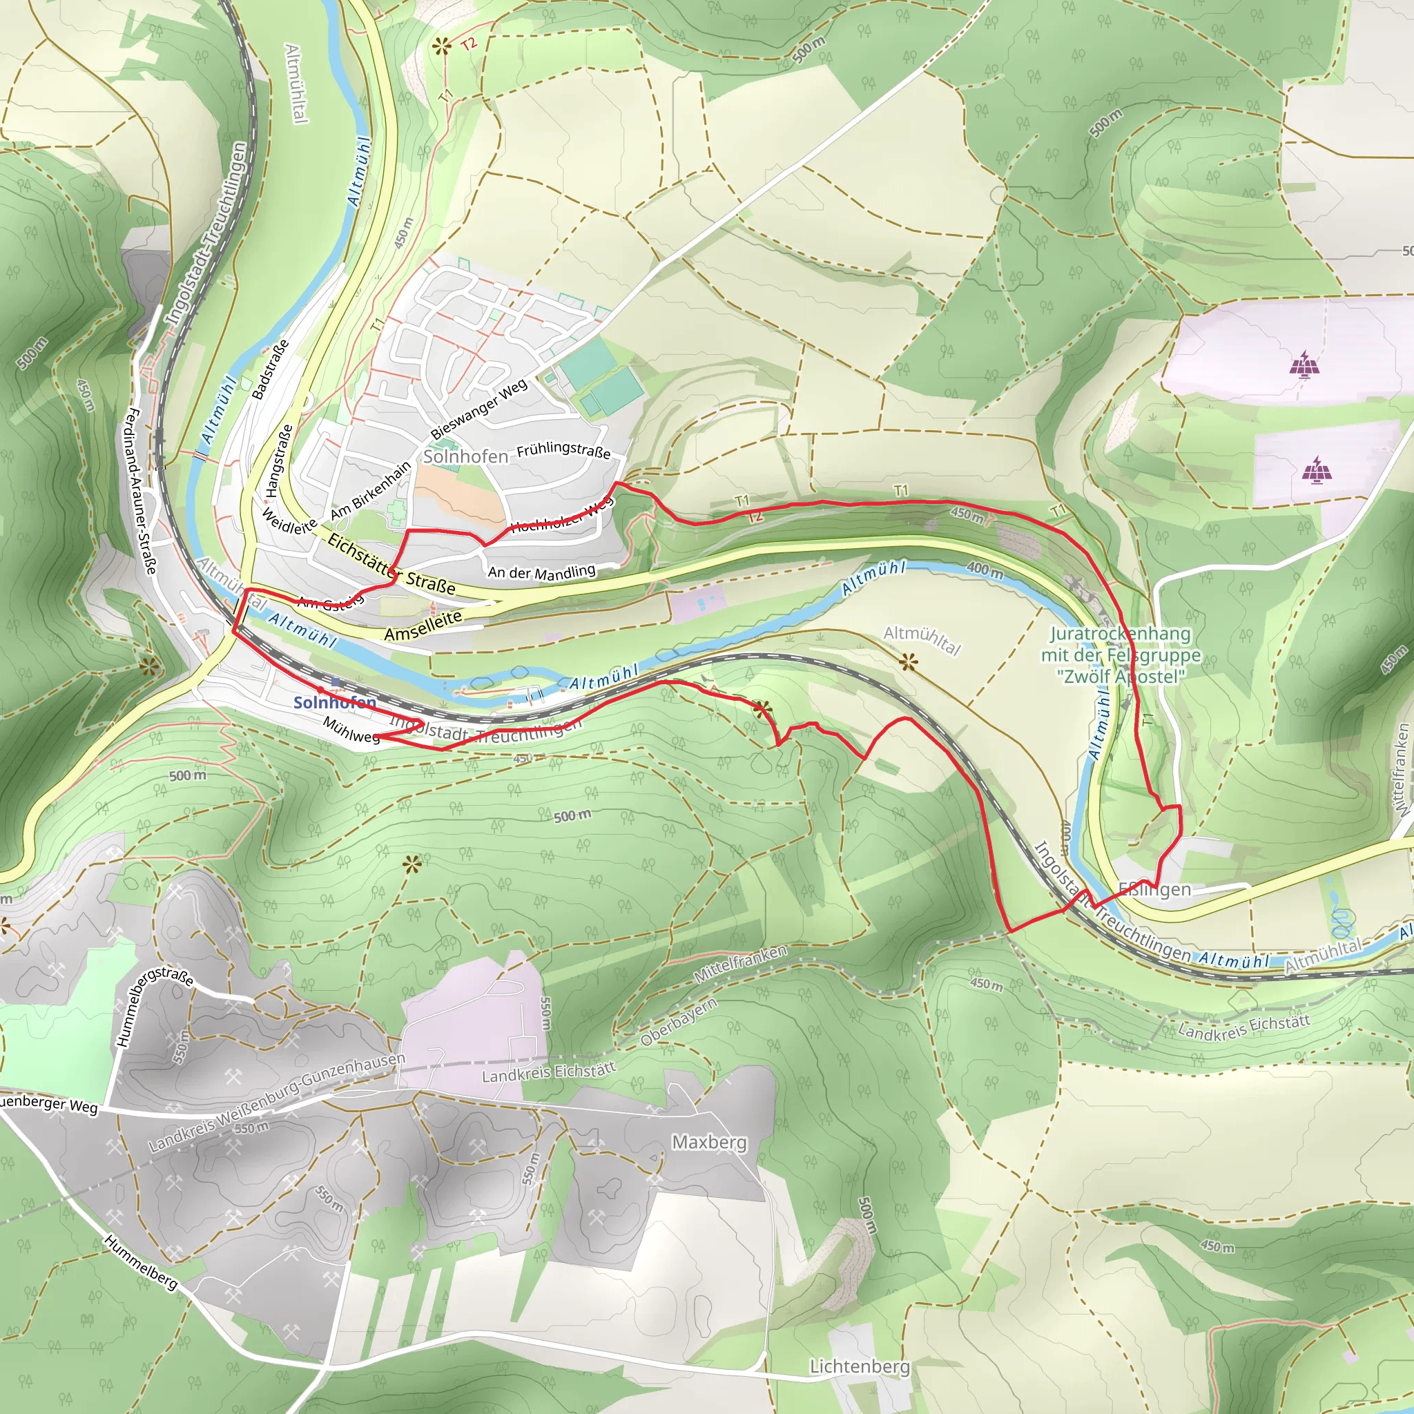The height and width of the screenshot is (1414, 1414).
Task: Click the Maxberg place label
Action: click(x=709, y=1142)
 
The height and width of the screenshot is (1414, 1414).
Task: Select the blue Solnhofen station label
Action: click(x=334, y=703)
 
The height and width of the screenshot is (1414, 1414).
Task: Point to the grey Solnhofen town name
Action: click(x=465, y=456)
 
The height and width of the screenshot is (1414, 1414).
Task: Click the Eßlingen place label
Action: click(x=1154, y=890)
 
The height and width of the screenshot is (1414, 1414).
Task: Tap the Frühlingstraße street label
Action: click(x=563, y=450)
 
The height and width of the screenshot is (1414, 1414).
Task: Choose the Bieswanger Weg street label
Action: click(x=478, y=409)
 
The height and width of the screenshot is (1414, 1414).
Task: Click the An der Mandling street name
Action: click(x=541, y=572)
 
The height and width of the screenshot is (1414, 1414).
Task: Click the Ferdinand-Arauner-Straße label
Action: click(x=142, y=491)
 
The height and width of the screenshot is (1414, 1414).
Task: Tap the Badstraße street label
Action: click(x=270, y=369)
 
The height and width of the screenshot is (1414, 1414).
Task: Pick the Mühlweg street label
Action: click(x=351, y=730)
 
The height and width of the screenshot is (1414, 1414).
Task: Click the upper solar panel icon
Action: click(x=1303, y=364)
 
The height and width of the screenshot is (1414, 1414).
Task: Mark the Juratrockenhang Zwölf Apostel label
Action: click(x=1121, y=655)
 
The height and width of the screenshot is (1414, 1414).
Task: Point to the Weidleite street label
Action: click(x=289, y=521)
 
